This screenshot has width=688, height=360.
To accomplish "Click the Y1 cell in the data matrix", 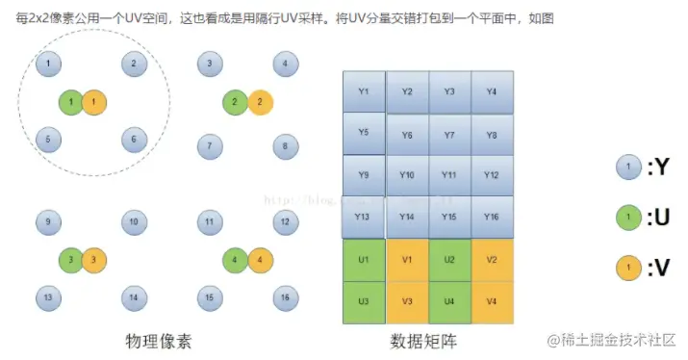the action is click(364, 92).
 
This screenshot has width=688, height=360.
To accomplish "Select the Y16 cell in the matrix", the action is click(492, 218).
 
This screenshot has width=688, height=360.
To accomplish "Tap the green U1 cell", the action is click(364, 260).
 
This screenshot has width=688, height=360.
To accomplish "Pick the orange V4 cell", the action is click(492, 301).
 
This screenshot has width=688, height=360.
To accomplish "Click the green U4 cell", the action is click(449, 301).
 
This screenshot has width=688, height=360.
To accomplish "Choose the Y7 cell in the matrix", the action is click(449, 135).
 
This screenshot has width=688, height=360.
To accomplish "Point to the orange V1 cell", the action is click(406, 260).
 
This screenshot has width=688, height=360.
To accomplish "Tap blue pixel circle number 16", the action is click(283, 297).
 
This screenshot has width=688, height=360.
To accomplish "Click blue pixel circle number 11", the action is click(208, 222).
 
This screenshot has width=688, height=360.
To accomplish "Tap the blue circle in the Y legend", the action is click(628, 167).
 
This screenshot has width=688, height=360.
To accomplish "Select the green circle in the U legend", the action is click(628, 218).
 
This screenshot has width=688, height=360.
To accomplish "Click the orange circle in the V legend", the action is click(628, 269).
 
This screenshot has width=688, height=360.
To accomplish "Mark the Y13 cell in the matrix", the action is click(364, 218).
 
